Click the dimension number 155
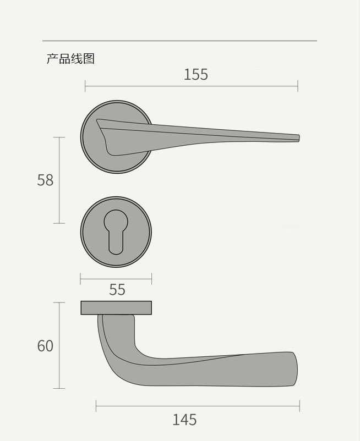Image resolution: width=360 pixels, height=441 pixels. coord(195,75)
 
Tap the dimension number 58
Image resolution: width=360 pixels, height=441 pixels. coord(45,180)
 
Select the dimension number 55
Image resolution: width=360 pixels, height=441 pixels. coord(117,289)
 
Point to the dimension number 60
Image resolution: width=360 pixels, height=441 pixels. coord(45,346)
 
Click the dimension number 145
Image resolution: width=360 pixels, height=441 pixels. coord(184,420)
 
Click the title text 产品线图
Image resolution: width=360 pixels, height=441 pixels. coord(70,59)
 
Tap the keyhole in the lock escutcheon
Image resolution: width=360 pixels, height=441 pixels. coord(116,232)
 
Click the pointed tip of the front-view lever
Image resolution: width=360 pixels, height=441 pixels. coord(299,138)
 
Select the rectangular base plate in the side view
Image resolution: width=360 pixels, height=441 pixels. coord(116,308)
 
